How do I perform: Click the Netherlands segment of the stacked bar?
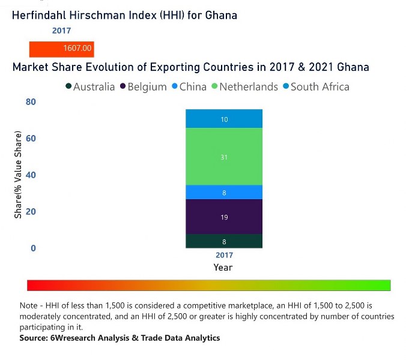224,157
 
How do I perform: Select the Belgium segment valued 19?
224,217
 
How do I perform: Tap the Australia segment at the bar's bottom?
224,241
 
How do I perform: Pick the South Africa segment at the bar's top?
224,119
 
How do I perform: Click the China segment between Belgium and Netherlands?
224,192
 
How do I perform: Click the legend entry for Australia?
90,86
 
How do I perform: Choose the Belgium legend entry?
144,86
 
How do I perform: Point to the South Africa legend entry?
320,86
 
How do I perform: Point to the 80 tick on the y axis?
31,102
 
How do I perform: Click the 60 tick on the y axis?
31,139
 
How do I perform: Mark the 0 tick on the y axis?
34,248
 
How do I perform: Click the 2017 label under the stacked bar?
224,256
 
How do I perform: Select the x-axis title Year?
223,267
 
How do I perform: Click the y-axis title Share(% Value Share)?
18,175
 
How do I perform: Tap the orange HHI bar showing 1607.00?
62,48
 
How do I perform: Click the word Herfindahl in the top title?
40,15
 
